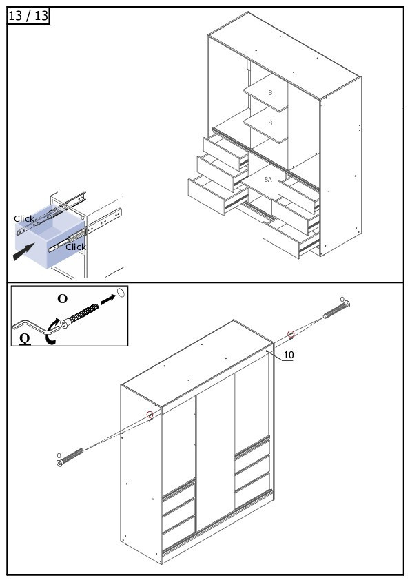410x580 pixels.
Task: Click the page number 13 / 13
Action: pos(28,16)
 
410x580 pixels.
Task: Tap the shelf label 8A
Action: pos(268,179)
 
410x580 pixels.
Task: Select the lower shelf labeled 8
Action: pos(265,124)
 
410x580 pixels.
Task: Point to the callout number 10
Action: pos(289,355)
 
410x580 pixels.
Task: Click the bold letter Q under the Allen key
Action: pos(24,338)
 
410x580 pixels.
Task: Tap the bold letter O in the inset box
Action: pos(63,299)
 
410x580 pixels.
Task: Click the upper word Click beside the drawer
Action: pos(24,218)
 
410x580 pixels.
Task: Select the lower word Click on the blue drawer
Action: pos(76,247)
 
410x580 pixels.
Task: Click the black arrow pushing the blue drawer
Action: pos(23,251)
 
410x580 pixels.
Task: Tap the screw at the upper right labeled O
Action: pos(336,309)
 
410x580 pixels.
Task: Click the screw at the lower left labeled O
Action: pos(70,457)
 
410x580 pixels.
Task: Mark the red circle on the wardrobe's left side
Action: pos(150,414)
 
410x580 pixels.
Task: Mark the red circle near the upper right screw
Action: pos(291,333)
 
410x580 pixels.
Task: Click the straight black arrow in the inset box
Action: pos(108,300)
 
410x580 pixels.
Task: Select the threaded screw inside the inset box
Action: pos(79,316)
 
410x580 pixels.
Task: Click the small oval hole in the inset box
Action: pos(121,292)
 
